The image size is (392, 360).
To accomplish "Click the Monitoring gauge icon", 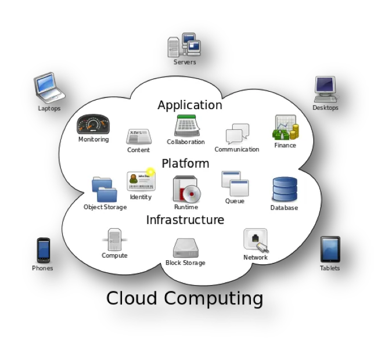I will click(93, 124).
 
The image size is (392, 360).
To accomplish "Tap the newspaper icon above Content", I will click(139, 136).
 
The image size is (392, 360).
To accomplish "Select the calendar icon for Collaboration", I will click(187, 125).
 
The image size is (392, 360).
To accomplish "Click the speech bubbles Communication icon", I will click(237, 134).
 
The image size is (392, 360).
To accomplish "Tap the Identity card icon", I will click(141, 181).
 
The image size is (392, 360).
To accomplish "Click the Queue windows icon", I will click(235, 183).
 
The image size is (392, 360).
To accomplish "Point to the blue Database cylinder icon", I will click(285, 190).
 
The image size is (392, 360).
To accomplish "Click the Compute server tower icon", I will click(114, 239).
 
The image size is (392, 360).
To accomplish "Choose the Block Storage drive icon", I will click(186, 248).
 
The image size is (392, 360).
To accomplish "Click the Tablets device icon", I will click(330, 250).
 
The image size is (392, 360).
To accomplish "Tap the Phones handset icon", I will click(44, 250).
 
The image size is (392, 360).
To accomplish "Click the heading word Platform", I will click(185, 163).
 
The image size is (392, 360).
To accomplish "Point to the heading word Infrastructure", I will click(185, 220).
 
